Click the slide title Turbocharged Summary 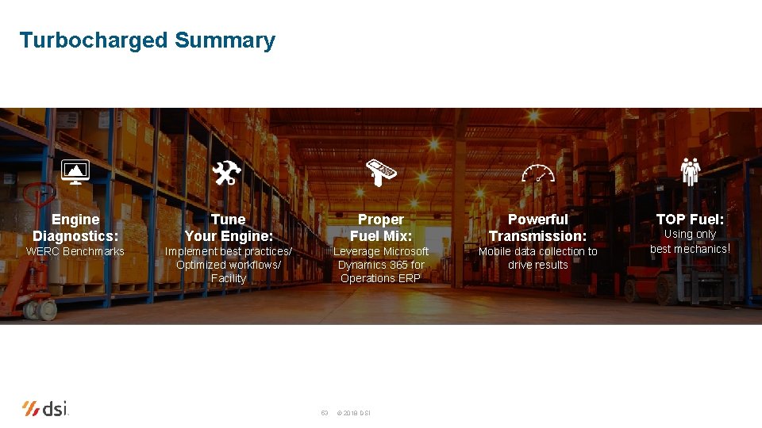click(x=147, y=40)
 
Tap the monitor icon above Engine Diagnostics click(x=75, y=172)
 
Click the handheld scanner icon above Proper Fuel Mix click(x=381, y=171)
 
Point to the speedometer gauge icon click(x=538, y=173)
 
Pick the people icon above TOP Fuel click(x=690, y=171)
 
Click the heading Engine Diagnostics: click(x=75, y=227)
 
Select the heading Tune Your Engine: click(x=229, y=227)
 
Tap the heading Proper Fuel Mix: click(x=381, y=227)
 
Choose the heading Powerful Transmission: click(x=537, y=227)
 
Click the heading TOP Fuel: click(x=690, y=219)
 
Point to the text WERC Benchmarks click(x=75, y=251)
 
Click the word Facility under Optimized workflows click(x=229, y=278)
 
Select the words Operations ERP click(x=381, y=278)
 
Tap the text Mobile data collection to click(x=537, y=251)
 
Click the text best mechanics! click(x=690, y=249)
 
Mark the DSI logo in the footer click(x=45, y=409)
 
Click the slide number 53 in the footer click(x=324, y=413)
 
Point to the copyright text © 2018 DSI click(x=353, y=413)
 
